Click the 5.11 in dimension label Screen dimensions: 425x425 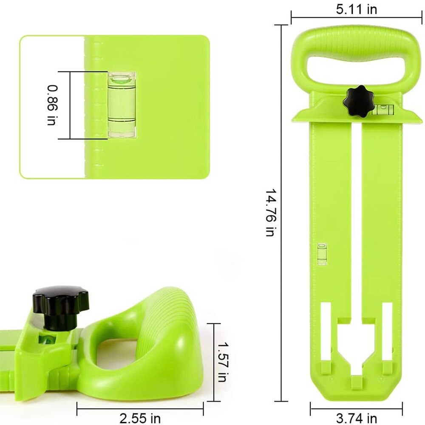pyautogui.click(x=356, y=9)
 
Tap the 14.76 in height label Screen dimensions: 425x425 pyautogui.click(x=271, y=213)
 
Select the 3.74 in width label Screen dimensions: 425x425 pyautogui.click(x=356, y=418)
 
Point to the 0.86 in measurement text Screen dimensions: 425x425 pyautogui.click(x=51, y=105)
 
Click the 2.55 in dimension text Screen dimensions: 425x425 pyautogui.click(x=140, y=418)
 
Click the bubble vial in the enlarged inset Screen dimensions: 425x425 pyautogui.click(x=122, y=105)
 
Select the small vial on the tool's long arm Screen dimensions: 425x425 pyautogui.click(x=322, y=254)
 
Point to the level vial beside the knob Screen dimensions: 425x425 pyautogui.click(x=384, y=110)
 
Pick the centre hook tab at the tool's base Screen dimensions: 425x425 pyautogui.click(x=356, y=383)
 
